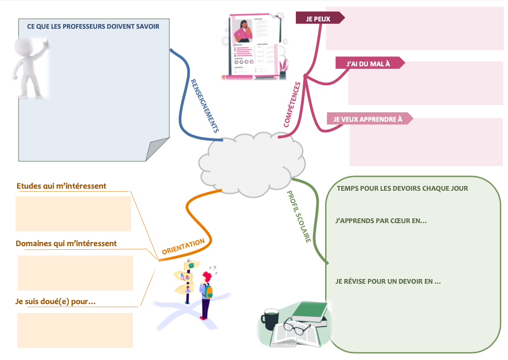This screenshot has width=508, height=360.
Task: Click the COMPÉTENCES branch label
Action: click(293, 104)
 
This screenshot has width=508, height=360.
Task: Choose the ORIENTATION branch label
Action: click(183, 247)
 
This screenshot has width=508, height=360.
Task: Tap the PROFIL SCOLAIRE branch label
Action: click(299, 216)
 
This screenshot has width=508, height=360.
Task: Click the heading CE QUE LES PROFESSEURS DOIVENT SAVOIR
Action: click(93, 26)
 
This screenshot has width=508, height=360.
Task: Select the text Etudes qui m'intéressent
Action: click(61, 186)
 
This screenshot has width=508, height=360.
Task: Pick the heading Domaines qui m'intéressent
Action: click(66, 243)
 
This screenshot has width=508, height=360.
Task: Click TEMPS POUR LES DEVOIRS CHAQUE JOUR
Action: click(402, 188)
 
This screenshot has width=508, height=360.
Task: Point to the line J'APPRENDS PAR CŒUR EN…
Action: click(381, 221)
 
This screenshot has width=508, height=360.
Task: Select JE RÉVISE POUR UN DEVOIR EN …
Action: click(388, 281)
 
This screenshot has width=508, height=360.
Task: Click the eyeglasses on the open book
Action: click(296, 329)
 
